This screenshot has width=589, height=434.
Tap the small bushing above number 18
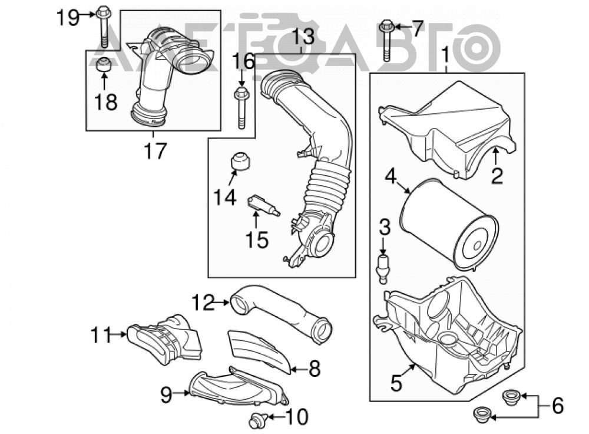coord(103,65)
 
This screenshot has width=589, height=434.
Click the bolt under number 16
coord(241,107)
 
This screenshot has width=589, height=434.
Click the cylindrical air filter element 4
coord(449,223)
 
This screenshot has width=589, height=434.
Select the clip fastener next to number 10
coord(259,420)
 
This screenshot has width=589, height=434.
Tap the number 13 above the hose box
coord(303,37)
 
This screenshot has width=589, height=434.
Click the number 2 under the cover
coord(497,175)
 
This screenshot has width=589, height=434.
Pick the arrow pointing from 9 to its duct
coord(181,393)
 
